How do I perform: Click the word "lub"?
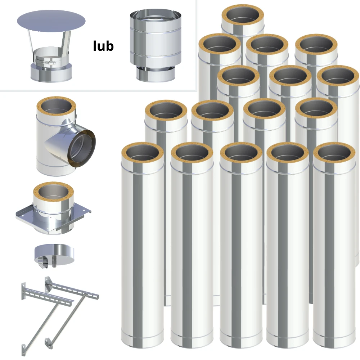point(103,46)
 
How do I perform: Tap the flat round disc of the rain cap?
point(51,21)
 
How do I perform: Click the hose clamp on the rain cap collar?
point(45,62)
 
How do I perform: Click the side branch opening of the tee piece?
point(81,148)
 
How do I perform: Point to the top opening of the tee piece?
point(56,107)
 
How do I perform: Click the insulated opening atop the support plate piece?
point(53,192)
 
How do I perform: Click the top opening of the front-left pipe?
point(142,153)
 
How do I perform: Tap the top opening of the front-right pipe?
point(334,153)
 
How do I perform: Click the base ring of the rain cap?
point(51,72)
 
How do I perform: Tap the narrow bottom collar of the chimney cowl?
point(156,74)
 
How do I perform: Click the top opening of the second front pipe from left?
point(192,153)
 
